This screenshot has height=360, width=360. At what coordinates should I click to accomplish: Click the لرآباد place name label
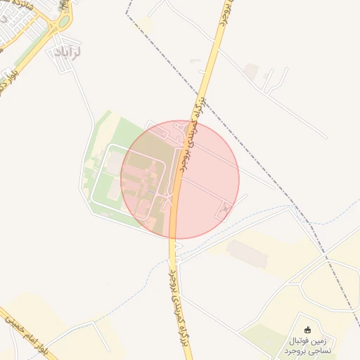(68, 52)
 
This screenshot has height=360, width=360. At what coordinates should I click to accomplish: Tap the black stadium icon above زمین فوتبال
(307, 330)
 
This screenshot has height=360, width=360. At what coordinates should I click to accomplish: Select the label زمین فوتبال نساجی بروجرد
(310, 345)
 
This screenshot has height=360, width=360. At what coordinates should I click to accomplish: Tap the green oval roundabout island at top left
(64, 21)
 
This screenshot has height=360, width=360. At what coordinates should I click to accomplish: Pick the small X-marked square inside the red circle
(226, 208)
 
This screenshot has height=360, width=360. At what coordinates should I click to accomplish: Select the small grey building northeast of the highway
(251, 70)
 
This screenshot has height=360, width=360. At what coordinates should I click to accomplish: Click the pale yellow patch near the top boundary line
(144, 25)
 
